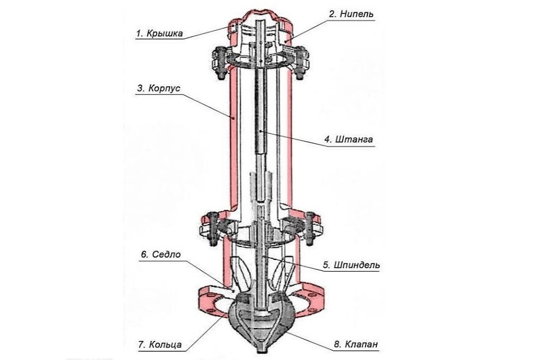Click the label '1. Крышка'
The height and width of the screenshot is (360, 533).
pyautogui.click(x=160, y=34)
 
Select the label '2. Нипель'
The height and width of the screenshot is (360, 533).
pyautogui.click(x=351, y=14)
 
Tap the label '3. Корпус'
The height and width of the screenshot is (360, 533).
pyautogui.click(x=158, y=88)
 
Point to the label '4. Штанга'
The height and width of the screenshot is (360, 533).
pyautogui.click(x=348, y=139)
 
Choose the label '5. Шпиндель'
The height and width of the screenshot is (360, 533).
pyautogui.click(x=351, y=265)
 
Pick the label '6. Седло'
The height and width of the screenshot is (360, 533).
pyautogui.click(x=161, y=254)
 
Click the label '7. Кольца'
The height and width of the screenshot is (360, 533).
pyautogui.click(x=160, y=344)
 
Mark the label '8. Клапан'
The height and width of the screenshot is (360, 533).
pyautogui.click(x=356, y=344)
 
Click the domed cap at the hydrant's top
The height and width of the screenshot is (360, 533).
pyautogui.click(x=261, y=15)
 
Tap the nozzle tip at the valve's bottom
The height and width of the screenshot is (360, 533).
pyautogui.click(x=261, y=349)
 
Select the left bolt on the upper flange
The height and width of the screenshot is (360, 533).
pyautogui.click(x=219, y=63)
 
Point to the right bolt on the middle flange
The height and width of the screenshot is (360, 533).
pyautogui.click(x=310, y=228)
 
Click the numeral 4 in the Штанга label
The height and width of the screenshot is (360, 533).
pyautogui.click(x=327, y=139)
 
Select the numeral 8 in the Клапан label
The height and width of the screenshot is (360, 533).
pyautogui.click(x=336, y=344)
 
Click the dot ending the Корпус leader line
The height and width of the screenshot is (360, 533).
pyautogui.click(x=233, y=118)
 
